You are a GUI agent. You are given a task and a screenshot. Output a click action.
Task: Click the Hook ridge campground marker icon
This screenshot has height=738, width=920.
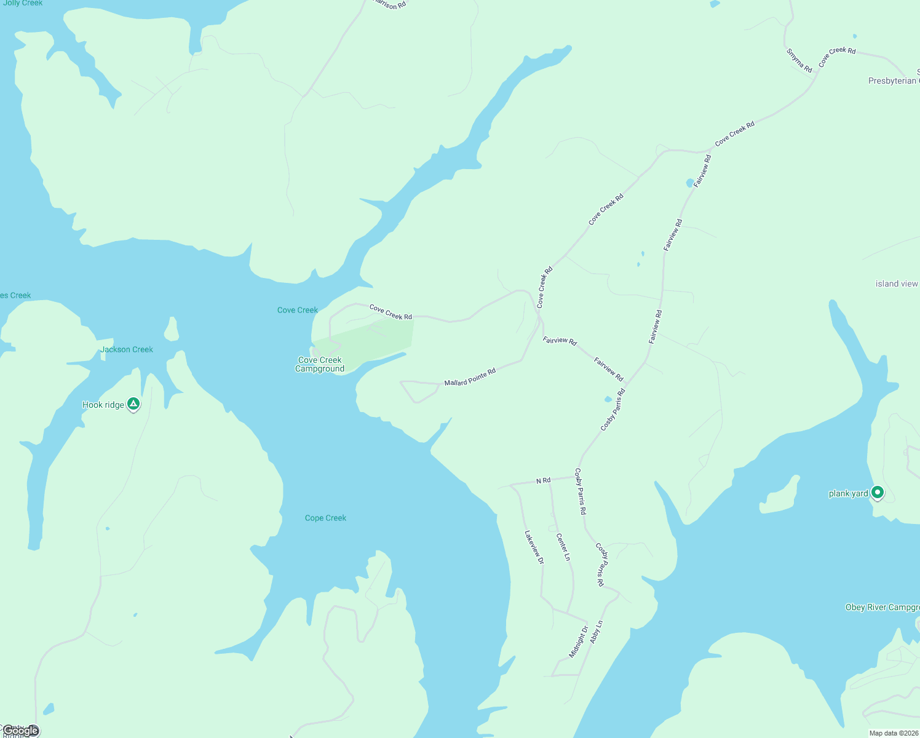pos(133,404)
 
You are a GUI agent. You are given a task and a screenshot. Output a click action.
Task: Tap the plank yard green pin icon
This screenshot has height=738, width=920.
pos(878,492)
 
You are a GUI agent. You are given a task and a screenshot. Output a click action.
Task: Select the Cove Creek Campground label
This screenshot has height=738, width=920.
pos(320,364)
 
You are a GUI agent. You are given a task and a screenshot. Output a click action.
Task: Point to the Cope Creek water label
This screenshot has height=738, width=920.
pos(325,518)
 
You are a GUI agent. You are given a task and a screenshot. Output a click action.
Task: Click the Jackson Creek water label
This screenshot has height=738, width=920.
pos(127,349)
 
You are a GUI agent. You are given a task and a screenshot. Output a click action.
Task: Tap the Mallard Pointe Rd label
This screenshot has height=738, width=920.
pos(470,378)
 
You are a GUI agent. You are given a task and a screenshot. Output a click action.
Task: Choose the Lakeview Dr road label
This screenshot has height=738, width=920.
pos(534,547)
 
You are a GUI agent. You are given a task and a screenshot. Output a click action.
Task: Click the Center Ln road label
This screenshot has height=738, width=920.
pos(563,547)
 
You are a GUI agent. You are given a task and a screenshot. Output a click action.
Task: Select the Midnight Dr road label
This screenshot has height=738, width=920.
pos(578,641)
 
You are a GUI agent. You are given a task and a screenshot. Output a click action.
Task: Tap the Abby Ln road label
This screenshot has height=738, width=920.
pos(596,632)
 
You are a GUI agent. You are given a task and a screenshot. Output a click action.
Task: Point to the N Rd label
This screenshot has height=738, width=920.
pos(543,480)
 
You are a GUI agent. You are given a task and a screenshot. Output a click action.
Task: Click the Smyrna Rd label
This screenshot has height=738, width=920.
pos(799,61)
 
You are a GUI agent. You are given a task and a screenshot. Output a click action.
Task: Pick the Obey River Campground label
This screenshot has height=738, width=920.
pos(882,607)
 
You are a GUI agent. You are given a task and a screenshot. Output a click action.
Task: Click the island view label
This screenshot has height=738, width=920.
pos(897,284)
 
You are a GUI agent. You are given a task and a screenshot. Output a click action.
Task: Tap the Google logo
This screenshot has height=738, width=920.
pos(21,731)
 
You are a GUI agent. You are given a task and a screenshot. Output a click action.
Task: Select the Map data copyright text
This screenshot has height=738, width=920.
pos(894,733)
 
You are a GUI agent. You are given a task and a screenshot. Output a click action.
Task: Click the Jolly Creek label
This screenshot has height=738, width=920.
pos(23,4)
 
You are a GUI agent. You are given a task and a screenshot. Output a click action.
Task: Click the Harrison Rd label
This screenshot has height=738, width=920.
pos(390,4)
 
